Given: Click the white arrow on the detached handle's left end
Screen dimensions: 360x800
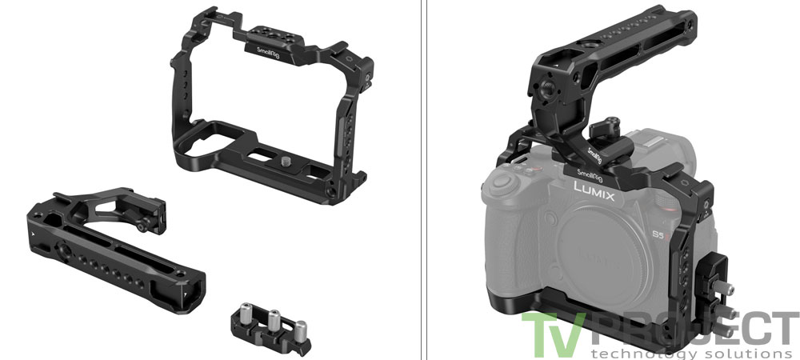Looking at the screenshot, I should tap(33, 230).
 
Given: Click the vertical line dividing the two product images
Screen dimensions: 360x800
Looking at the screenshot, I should tap(421, 180).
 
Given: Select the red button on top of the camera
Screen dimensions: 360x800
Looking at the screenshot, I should tap(523, 169).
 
